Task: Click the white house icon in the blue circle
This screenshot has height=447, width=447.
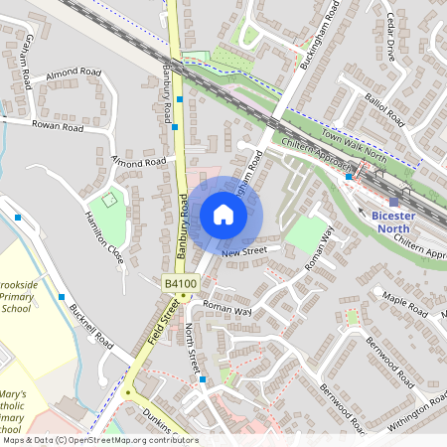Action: click(223, 214)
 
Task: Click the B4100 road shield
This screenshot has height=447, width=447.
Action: click(180, 284)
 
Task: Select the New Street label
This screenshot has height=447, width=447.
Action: click(245, 252)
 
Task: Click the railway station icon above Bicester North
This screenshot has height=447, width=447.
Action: click(393, 202)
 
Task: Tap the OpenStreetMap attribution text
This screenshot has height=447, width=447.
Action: click(99, 440)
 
